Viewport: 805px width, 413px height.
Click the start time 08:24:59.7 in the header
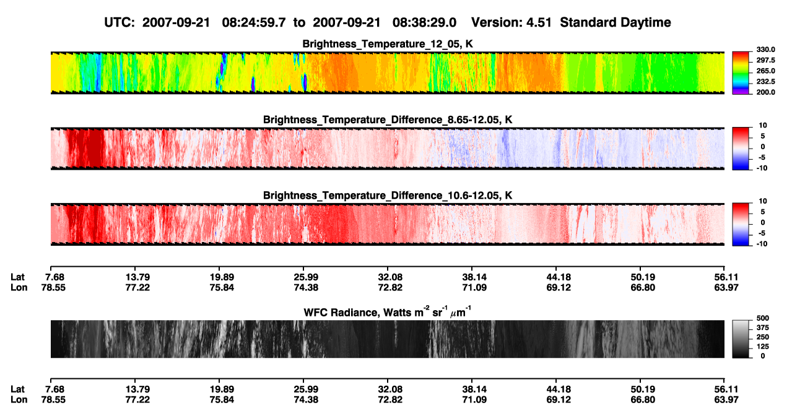click(254, 23)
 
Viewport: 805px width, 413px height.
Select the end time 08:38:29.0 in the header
click(424, 23)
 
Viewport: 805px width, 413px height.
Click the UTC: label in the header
click(120, 23)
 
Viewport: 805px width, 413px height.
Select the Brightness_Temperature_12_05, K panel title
click(388, 44)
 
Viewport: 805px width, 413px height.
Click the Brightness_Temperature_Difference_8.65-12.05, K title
click(388, 120)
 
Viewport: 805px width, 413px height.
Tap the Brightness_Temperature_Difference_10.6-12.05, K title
click(388, 196)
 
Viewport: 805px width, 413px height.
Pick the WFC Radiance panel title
click(388, 312)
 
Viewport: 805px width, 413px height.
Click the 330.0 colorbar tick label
click(765, 50)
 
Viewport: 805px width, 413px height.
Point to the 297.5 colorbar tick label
click(765, 61)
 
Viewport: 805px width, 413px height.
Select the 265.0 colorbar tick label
click(765, 71)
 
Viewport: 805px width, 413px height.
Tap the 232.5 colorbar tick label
click(765, 82)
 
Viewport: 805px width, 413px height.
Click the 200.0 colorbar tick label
click(765, 92)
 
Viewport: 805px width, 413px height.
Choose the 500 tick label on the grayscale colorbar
click(763, 318)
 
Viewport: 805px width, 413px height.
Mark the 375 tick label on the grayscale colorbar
click(763, 328)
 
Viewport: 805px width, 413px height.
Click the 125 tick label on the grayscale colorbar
click(763, 347)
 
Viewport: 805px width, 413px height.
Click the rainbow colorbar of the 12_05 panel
click(741, 73)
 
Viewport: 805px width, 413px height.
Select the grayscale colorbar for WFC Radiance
click(741, 339)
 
